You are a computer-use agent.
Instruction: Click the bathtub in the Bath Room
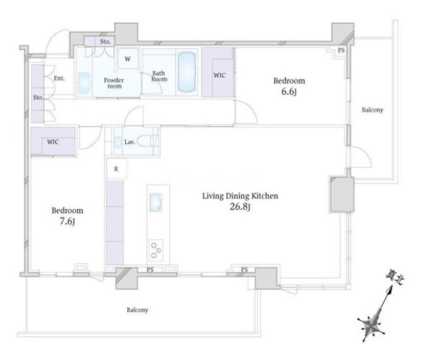tap(186, 72)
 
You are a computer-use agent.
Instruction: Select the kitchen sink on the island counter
tap(156, 203)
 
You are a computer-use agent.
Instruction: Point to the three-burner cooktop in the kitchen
tap(156, 251)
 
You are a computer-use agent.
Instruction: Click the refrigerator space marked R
tap(116, 169)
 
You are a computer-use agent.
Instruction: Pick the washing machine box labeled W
tap(128, 59)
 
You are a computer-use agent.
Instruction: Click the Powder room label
tap(114, 83)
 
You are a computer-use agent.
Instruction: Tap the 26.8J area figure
tap(240, 207)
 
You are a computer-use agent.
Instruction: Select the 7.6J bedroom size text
tap(67, 222)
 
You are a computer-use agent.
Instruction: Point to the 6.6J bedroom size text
tap(289, 92)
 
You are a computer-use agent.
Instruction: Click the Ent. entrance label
tap(60, 78)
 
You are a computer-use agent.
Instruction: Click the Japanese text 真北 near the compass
tap(395, 278)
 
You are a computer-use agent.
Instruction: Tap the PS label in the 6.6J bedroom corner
tap(341, 50)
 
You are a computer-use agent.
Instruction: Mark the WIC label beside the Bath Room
tap(220, 75)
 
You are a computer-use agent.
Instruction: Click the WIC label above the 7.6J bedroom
tap(53, 142)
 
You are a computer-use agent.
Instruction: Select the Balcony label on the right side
tap(373, 110)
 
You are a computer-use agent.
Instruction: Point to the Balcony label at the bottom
tap(137, 310)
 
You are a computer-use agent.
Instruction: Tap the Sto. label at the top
tap(105, 42)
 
